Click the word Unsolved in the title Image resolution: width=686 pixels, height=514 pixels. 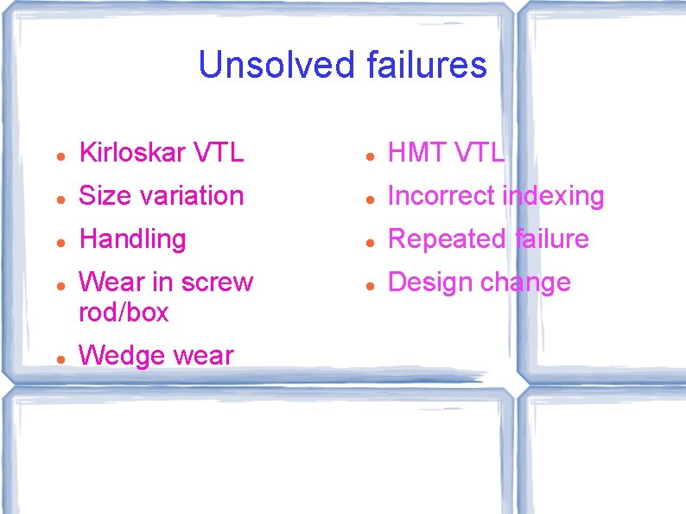pos(276,65)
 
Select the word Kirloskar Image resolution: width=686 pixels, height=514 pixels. pos(132,153)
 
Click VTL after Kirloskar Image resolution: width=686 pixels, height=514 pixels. pos(219,153)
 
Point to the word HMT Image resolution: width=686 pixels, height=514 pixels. pos(416,153)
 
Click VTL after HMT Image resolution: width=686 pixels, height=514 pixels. pos(478,153)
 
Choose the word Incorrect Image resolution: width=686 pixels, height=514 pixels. pos(441,196)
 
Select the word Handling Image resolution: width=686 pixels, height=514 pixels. pos(132,239)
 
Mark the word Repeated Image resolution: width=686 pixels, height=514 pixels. pos(446,239)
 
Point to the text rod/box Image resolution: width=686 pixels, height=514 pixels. pos(124,312)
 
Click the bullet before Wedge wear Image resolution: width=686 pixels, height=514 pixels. pos(58,357)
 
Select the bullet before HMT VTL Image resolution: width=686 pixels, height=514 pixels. pos(368,155)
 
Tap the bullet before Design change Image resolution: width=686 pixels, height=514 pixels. pos(368,284)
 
